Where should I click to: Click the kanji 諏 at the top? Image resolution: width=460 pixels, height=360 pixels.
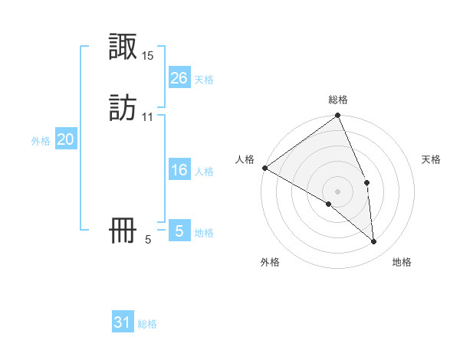[x=123, y=48]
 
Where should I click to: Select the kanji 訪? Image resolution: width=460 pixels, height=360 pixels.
[x=123, y=108]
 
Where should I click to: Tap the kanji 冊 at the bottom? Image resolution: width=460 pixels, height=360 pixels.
[x=123, y=231]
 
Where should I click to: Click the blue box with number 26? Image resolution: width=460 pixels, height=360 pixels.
[x=179, y=78]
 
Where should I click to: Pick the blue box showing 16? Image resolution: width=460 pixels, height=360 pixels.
[x=179, y=170]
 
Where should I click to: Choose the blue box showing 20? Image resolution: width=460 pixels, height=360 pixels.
[x=66, y=139]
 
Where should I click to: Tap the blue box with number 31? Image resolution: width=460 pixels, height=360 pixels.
[x=123, y=322]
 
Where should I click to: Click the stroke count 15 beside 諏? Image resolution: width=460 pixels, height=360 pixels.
[x=148, y=56]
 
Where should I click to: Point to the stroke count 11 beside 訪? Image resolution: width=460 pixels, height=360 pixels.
[x=148, y=117]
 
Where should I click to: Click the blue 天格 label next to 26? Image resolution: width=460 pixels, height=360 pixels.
[x=204, y=80]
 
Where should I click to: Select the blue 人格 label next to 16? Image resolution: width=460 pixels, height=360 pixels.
[x=204, y=172]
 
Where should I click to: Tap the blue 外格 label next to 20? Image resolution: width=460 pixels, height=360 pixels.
[x=41, y=141]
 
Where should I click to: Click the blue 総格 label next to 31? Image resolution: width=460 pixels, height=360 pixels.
[x=147, y=325]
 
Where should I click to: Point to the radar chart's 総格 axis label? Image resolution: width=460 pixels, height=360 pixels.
[x=337, y=100]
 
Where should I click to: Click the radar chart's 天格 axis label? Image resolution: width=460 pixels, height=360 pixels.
[x=432, y=159]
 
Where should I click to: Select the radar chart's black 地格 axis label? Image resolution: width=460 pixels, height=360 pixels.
[x=402, y=262]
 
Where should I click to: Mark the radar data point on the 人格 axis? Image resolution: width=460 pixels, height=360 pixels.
[x=264, y=168]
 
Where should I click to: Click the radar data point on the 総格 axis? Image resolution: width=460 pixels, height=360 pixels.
[x=337, y=116]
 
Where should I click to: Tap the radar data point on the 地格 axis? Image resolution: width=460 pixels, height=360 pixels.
[x=373, y=241]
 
